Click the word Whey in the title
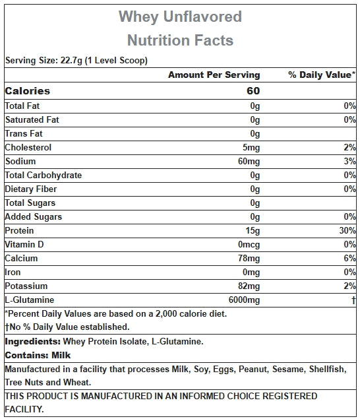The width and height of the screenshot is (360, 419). [x=138, y=17]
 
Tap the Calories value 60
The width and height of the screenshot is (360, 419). [x=253, y=91]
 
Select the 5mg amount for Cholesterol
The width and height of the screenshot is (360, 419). [x=251, y=148]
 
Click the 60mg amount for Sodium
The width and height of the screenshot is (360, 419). [x=249, y=162]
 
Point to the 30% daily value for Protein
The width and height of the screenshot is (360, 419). [x=347, y=230]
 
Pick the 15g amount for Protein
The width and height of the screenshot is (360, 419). [x=253, y=231]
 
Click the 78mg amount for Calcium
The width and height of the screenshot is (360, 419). [x=249, y=259]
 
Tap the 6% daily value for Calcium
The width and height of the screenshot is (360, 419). [x=349, y=258]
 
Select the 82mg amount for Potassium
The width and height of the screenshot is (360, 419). [x=249, y=286]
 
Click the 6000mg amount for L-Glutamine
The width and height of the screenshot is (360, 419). [x=244, y=300]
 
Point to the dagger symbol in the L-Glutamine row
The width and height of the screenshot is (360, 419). [x=353, y=300]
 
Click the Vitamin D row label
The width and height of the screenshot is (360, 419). [x=24, y=245]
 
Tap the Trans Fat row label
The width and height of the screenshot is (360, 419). [x=24, y=133]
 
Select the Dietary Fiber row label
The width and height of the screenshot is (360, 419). [x=31, y=189]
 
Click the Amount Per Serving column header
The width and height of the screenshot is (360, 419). [x=214, y=75]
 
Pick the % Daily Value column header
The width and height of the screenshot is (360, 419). [x=322, y=75]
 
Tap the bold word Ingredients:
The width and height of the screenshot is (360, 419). [x=33, y=342]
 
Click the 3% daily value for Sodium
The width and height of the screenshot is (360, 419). [x=349, y=161]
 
